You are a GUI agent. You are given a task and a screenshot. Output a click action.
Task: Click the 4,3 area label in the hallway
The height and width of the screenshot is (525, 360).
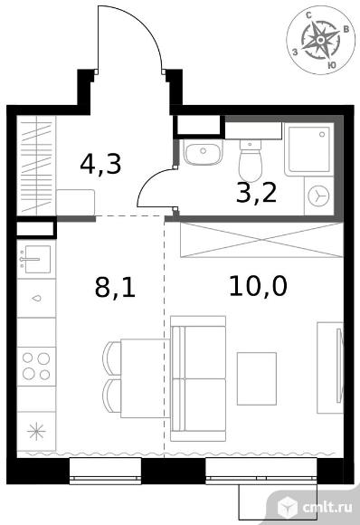(x=100, y=164)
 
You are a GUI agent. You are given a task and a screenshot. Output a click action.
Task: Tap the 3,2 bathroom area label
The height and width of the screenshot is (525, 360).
(x=256, y=193)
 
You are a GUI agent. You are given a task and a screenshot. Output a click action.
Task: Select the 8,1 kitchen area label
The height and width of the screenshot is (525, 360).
(x=115, y=287)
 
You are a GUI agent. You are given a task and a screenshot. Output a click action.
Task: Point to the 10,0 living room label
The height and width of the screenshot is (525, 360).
(x=258, y=287)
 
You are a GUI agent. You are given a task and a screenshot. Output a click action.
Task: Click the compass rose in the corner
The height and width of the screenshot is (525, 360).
(x=320, y=40)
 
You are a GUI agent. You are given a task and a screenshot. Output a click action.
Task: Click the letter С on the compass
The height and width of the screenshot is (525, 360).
(x=309, y=15)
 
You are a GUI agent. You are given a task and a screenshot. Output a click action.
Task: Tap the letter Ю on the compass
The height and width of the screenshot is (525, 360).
(x=332, y=65)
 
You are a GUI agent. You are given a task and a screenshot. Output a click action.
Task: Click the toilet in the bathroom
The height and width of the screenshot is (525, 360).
(x=251, y=159)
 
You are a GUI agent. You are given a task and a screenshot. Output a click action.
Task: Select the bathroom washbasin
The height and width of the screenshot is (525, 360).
(x=203, y=153)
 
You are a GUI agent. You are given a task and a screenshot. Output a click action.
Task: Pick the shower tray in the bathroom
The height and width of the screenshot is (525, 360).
(x=309, y=148)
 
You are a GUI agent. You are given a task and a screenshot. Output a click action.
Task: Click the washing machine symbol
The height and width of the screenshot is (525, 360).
(x=319, y=196)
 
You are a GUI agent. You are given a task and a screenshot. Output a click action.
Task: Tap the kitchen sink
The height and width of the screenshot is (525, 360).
(x=36, y=260)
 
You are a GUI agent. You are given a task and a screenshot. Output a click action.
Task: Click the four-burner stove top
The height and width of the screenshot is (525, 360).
(x=36, y=367)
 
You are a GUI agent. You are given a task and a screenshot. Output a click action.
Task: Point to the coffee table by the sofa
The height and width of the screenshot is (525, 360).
(x=257, y=378)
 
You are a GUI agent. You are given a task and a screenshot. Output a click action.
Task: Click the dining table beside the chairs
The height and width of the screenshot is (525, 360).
(x=146, y=378)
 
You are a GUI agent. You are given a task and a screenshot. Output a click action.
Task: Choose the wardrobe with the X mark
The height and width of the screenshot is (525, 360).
(x=261, y=240)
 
